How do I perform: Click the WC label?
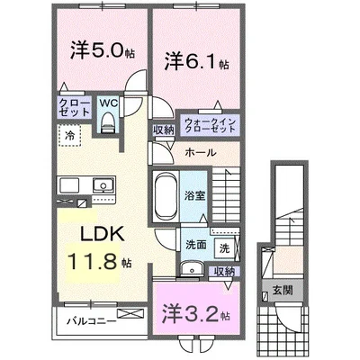point(107,103)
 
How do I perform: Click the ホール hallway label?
point(199,152)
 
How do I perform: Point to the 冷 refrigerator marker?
point(69,135)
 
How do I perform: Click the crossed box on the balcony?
point(130,315)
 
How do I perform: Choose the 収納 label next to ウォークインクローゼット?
point(163,130)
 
